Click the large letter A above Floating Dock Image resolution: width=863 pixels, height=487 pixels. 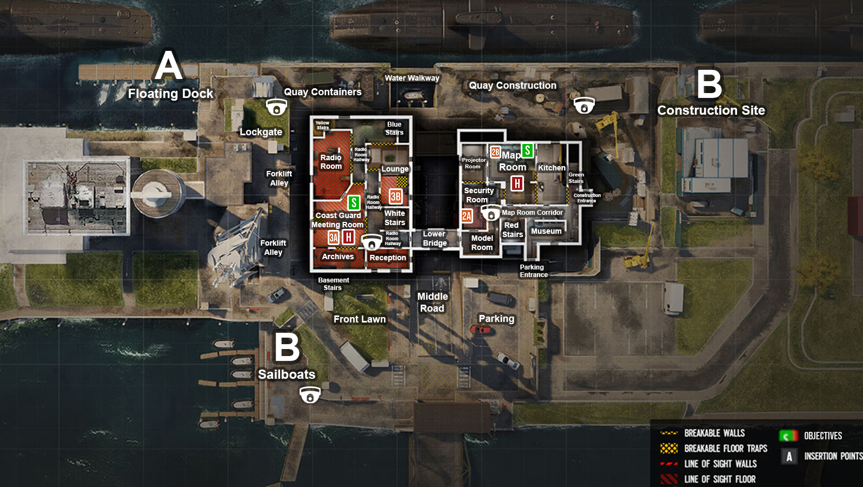coord(169,66)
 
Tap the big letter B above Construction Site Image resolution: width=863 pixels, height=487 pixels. coord(709,84)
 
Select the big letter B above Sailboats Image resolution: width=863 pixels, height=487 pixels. coord(287,347)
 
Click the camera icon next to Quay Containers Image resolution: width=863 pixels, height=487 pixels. coord(276,107)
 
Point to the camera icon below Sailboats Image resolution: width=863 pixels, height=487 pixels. coord(310,395)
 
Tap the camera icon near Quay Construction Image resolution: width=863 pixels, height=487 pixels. coord(584,105)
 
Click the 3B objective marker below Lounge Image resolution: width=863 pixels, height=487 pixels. coord(396,196)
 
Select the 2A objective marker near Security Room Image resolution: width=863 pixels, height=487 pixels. coord(467,216)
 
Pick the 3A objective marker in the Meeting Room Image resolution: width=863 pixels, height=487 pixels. coord(334,238)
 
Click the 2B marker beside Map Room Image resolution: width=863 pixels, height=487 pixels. coord(495,152)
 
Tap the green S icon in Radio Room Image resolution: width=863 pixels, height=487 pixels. coord(354,202)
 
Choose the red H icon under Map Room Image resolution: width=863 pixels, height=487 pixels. coord(517,183)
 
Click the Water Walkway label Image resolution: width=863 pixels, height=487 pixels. coord(412,78)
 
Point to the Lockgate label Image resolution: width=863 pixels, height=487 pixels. coord(261,132)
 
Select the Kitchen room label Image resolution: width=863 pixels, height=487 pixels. coord(552,168)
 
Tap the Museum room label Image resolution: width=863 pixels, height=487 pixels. coord(546,231)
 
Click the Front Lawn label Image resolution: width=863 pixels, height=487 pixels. coord(360,319)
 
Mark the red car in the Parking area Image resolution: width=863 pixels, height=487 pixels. coord(481,329)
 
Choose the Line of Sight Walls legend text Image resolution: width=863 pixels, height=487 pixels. coord(720,464)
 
